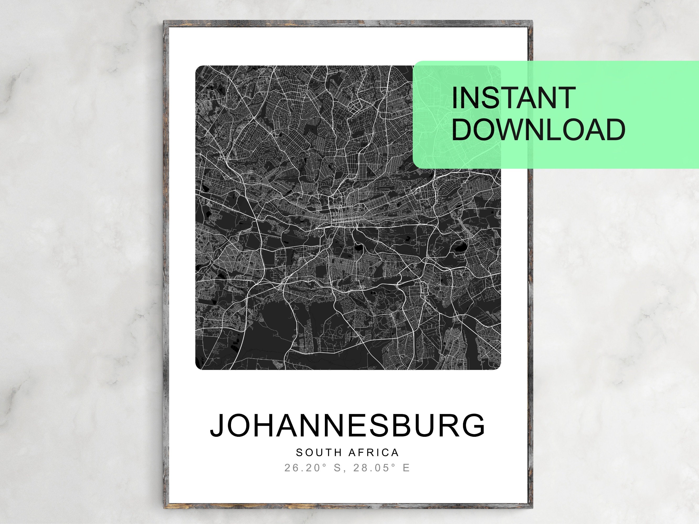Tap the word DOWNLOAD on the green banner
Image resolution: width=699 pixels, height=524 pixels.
coord(539,130)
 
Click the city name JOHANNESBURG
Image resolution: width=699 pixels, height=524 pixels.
coord(347,425)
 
